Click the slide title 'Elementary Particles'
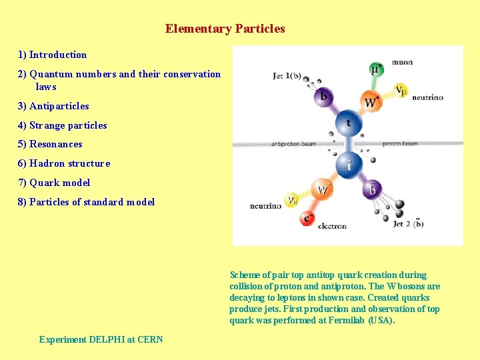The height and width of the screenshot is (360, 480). (225, 29)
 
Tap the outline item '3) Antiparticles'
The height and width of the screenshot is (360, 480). (53, 106)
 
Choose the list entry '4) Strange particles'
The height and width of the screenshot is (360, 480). (62, 125)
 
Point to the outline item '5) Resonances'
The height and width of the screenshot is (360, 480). (50, 144)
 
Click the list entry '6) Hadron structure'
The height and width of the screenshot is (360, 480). (63, 163)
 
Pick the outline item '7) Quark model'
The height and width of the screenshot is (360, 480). (53, 183)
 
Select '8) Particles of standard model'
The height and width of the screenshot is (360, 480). (86, 202)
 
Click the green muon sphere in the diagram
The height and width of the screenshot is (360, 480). (377, 69)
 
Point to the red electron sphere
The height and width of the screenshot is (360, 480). (308, 217)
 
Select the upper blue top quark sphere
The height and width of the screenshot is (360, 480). (347, 123)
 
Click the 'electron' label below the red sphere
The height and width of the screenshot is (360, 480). (332, 226)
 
